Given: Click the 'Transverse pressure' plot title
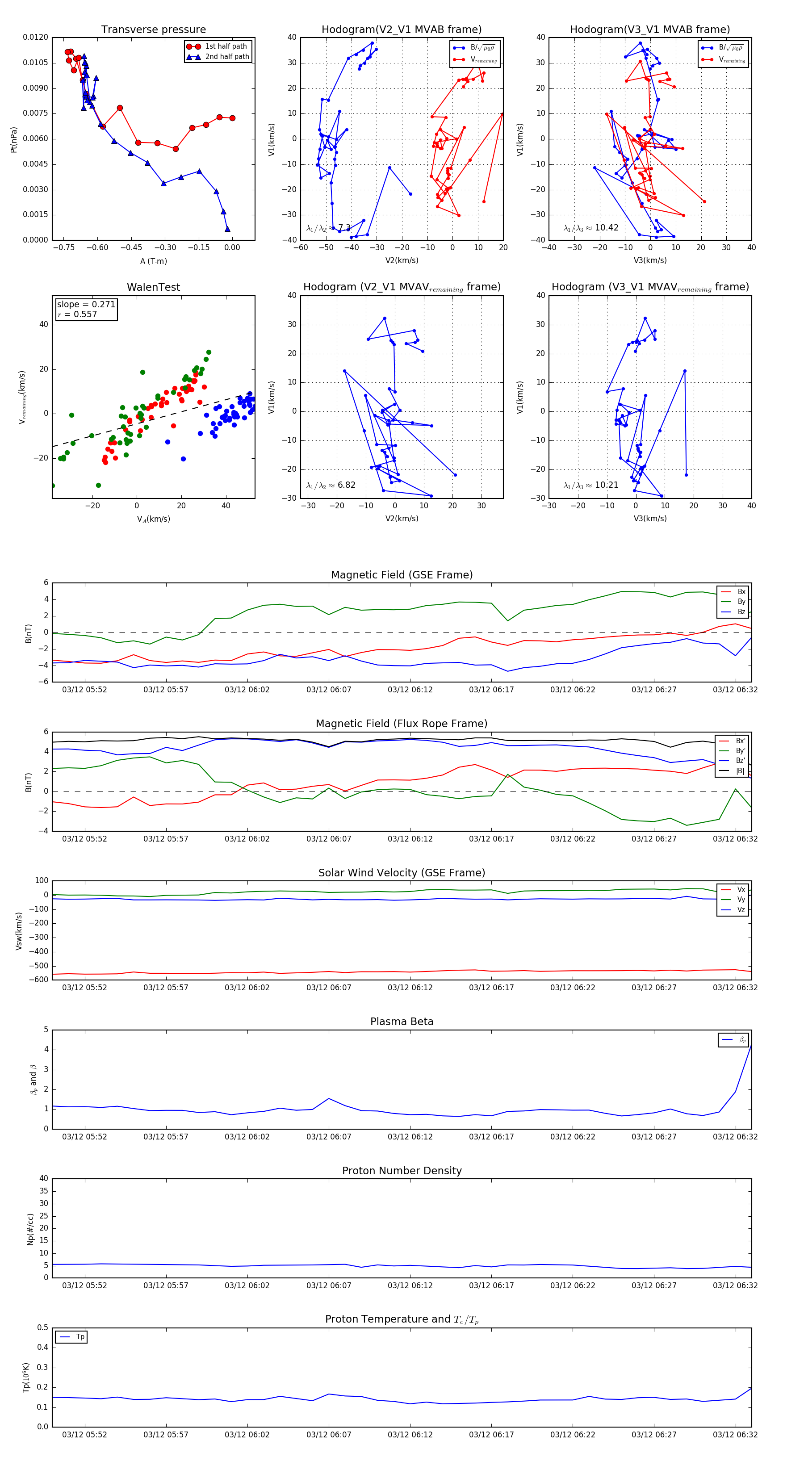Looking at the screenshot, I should tap(153, 30).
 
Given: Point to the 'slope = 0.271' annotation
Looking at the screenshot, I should tap(86, 305).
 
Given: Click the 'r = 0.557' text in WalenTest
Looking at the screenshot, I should tap(77, 314).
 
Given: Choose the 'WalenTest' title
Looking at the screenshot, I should tap(153, 287).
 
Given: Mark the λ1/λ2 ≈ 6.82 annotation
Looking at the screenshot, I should tap(331, 485).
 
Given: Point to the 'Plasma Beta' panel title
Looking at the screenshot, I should tap(402, 1022).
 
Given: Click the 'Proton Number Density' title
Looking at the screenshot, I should tap(402, 1171).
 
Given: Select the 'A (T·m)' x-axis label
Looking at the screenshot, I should tap(153, 261).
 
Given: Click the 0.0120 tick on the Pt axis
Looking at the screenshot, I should tap(35, 37).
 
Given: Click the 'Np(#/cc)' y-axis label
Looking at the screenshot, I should tap(31, 1228).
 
